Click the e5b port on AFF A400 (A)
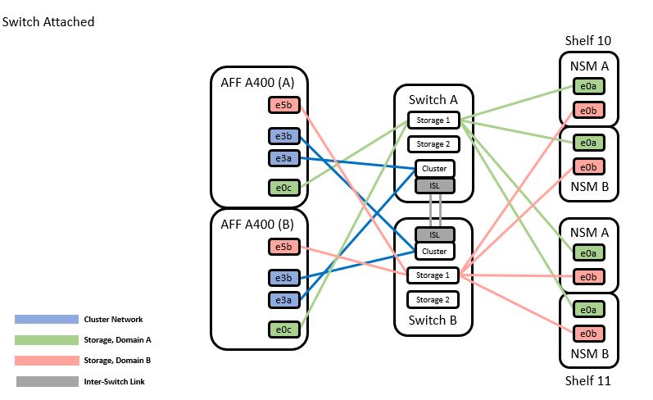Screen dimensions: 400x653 click(283, 105)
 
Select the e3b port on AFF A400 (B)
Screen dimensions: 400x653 click(283, 278)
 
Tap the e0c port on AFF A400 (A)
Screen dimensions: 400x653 click(283, 188)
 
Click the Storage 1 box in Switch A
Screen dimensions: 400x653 click(433, 120)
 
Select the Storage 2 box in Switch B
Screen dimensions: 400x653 click(433, 300)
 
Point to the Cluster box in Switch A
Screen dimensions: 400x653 click(434, 169)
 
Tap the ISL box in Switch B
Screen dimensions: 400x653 click(434, 235)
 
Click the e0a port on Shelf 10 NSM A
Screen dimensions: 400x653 click(588, 86)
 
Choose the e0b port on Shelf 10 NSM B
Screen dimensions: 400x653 click(588, 166)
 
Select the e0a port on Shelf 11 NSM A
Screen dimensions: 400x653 click(588, 253)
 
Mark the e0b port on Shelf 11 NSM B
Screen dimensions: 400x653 click(588, 334)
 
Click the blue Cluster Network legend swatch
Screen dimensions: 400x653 click(46, 320)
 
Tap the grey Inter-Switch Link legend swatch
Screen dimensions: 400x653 click(46, 381)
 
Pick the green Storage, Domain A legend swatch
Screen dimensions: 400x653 click(46, 340)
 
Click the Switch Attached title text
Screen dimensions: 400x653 click(48, 22)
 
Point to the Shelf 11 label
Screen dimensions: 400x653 click(588, 381)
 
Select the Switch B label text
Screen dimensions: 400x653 click(434, 320)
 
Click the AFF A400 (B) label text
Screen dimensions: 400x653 click(258, 225)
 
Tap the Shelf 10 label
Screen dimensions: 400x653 click(588, 41)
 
